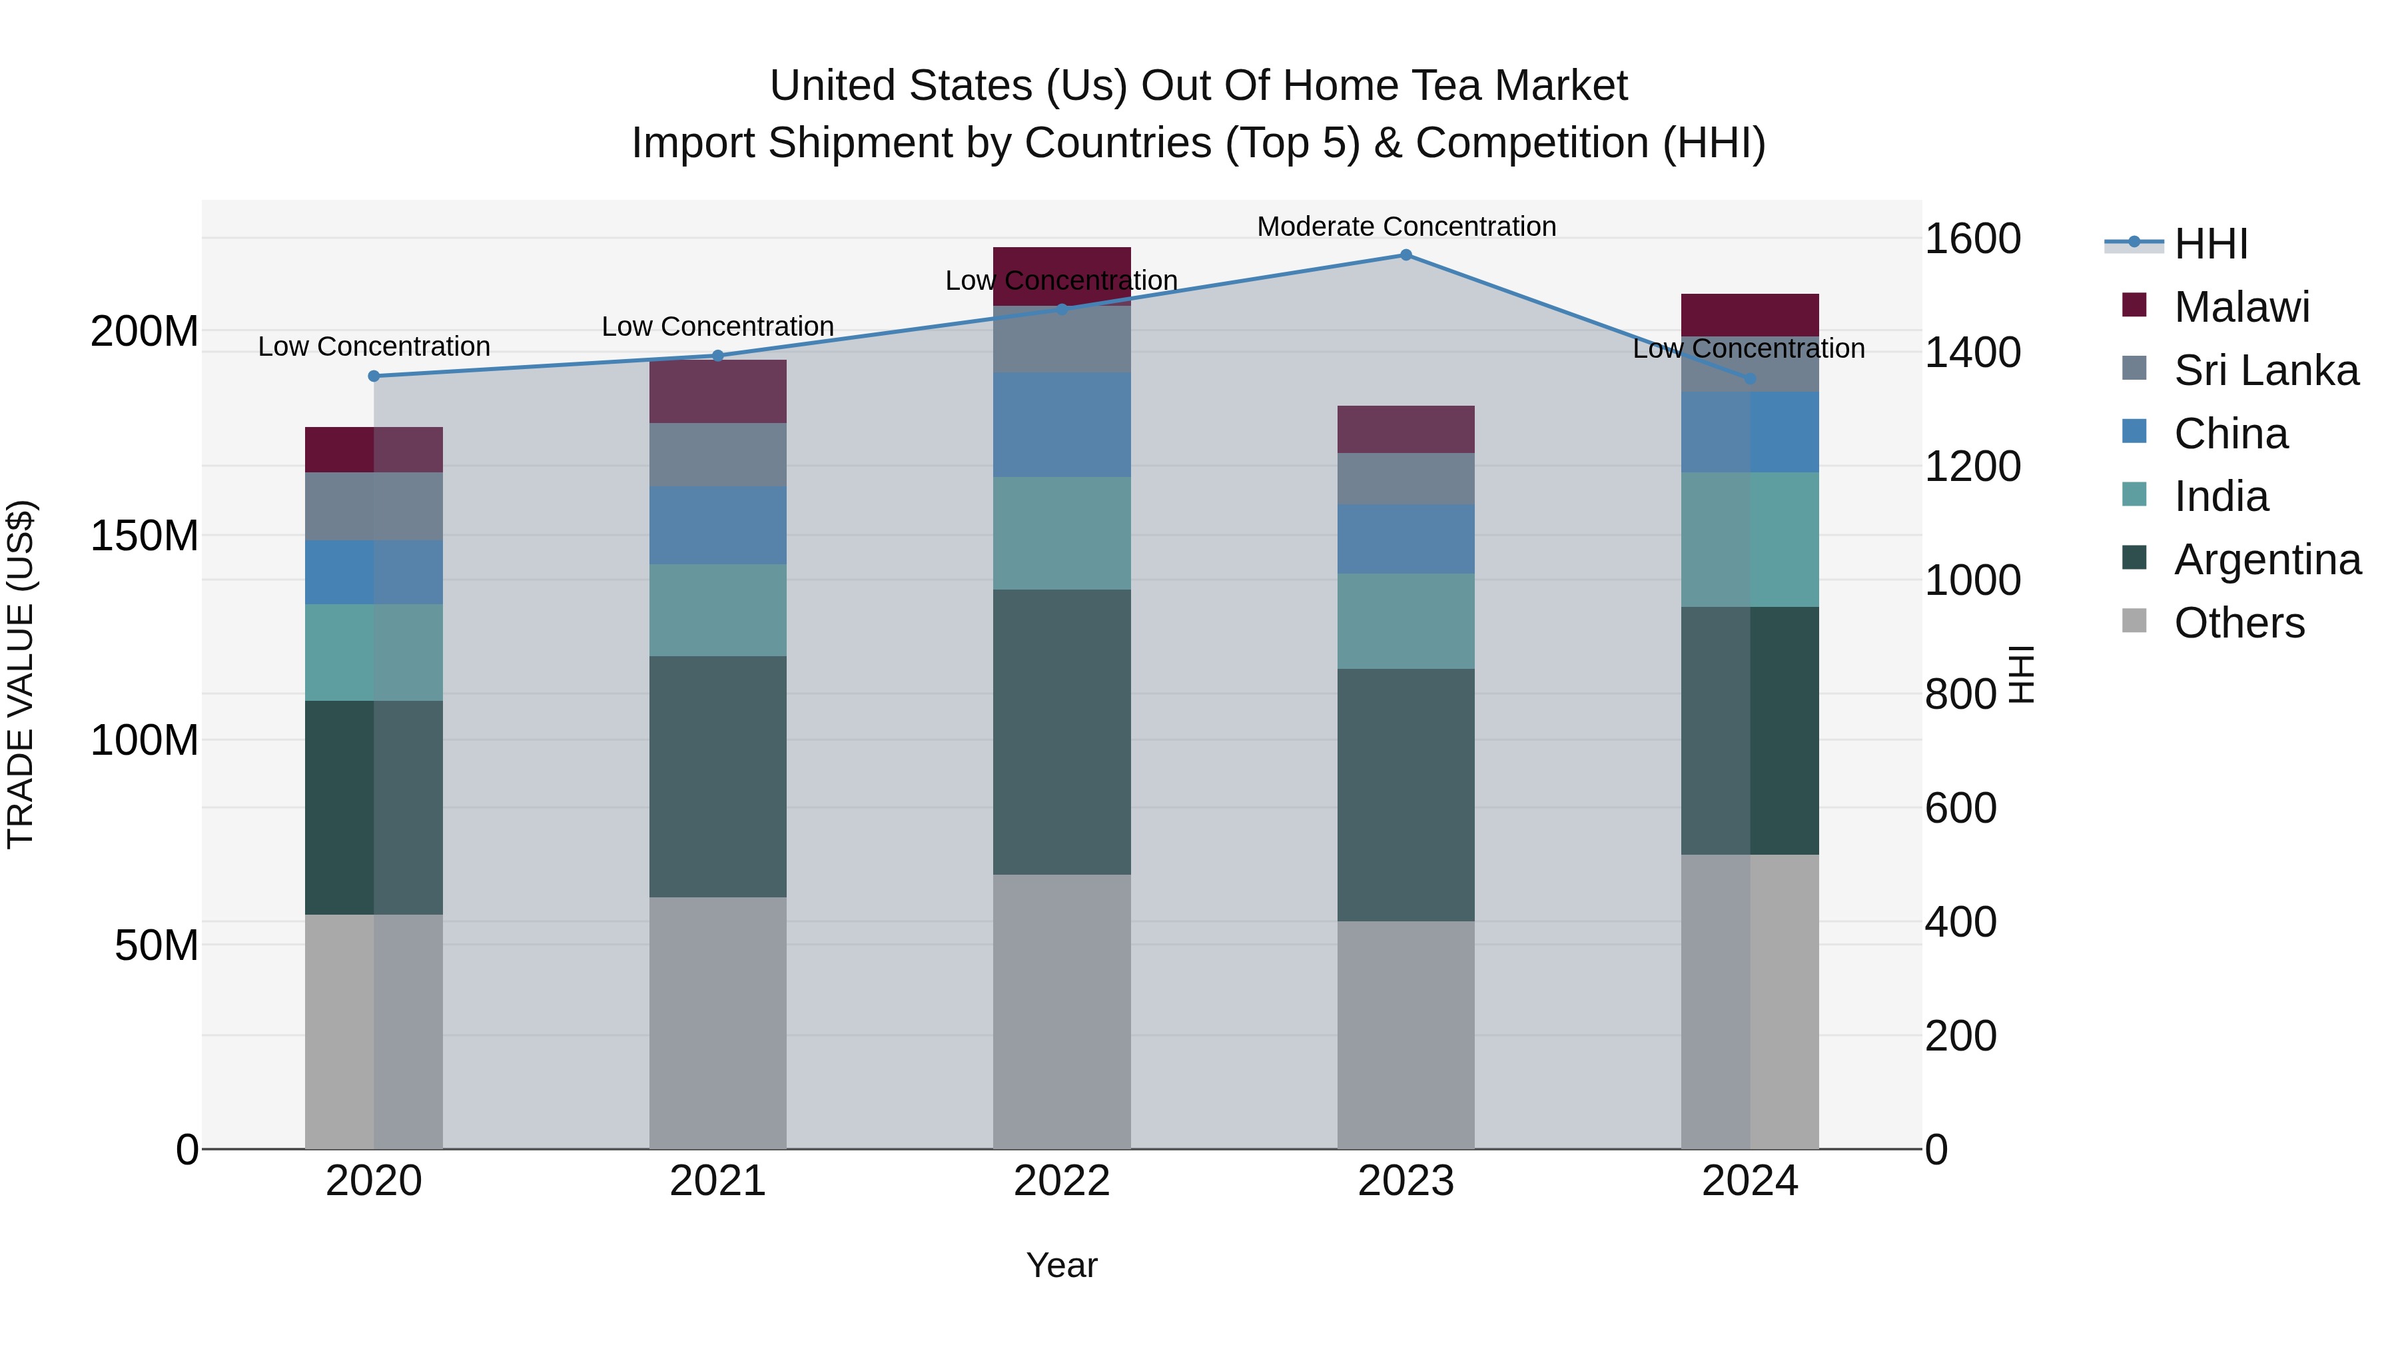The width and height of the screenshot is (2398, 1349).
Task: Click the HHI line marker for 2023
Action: coord(1405,255)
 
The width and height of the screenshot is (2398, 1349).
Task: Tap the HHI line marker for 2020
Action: coord(374,376)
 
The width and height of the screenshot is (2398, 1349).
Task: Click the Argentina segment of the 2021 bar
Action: coord(717,777)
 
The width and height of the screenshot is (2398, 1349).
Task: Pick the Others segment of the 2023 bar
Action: coord(1405,1035)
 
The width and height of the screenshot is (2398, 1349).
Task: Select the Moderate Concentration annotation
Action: coord(1405,226)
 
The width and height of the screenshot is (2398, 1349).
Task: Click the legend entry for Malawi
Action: coord(2241,307)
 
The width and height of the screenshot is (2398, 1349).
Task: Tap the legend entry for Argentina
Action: coord(2267,560)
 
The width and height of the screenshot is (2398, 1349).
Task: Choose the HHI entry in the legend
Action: coord(2210,244)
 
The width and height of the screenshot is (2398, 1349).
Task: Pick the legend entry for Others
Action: coord(2239,623)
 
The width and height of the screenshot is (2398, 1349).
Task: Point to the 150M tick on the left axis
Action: coord(145,536)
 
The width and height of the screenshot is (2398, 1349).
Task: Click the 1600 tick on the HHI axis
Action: coord(1972,238)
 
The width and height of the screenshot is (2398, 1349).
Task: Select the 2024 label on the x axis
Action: coord(1749,1180)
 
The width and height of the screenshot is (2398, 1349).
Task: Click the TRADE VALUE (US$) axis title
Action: coord(21,674)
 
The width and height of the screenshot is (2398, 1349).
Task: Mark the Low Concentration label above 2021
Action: coord(717,327)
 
